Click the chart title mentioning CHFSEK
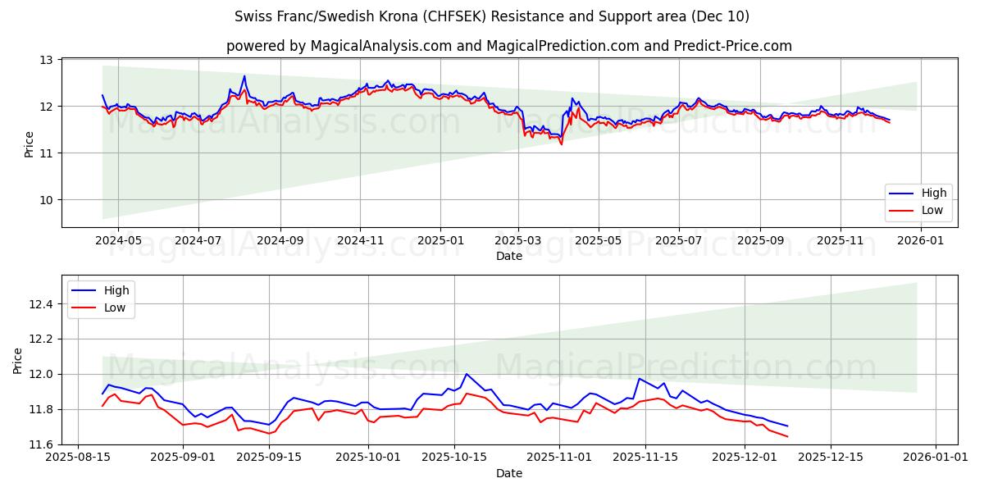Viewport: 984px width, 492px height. pos(492,16)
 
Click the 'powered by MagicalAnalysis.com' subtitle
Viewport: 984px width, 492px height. pos(508,46)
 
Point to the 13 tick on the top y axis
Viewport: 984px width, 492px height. pos(46,60)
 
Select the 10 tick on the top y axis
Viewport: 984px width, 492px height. pos(46,200)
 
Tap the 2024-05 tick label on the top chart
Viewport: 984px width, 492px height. pos(118,240)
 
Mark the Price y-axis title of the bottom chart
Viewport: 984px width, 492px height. pos(18,360)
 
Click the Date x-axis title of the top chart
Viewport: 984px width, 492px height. pos(508,256)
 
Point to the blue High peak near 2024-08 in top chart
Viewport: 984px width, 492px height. pos(244,76)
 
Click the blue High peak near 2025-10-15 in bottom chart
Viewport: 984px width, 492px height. pos(467,374)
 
